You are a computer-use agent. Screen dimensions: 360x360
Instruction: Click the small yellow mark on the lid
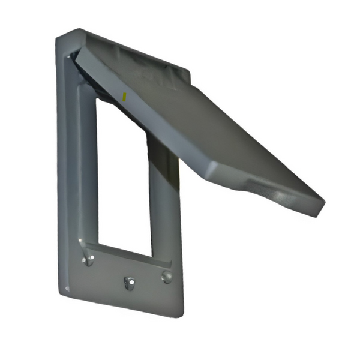tap(124, 95)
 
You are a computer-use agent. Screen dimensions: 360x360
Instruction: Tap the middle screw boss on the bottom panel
tap(128, 282)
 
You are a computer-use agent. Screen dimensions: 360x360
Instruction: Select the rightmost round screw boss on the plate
tap(166, 277)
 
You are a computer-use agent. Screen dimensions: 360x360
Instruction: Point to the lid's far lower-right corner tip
tap(323, 207)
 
